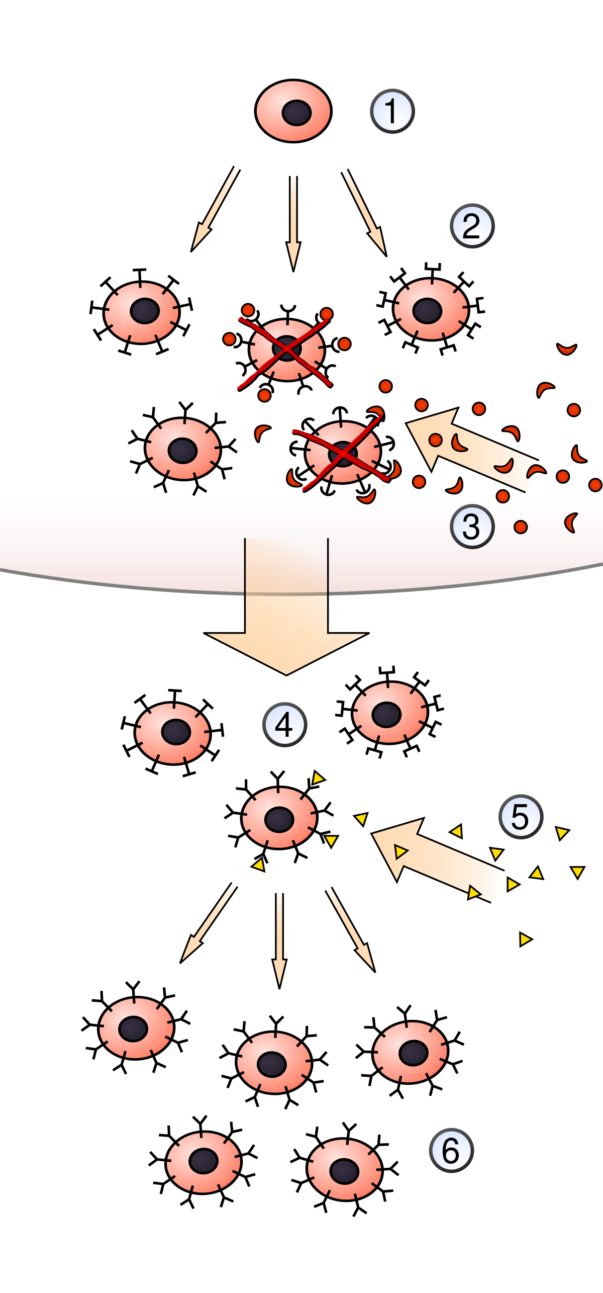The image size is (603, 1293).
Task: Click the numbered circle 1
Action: click(x=392, y=111)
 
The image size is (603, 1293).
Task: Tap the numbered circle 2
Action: click(x=472, y=226)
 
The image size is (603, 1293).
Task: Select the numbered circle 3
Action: click(x=472, y=527)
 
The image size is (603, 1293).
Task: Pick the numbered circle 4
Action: click(x=284, y=725)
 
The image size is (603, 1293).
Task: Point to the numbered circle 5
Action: click(x=521, y=816)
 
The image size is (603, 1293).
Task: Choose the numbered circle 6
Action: click(x=451, y=1150)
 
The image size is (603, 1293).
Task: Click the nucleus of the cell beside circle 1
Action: click(x=296, y=112)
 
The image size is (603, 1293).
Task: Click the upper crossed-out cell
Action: click(x=286, y=350)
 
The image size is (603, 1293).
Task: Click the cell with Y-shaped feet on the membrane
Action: click(x=183, y=449)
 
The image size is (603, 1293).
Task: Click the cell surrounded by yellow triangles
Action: click(x=279, y=818)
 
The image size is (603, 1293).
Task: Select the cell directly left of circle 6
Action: click(x=345, y=1169)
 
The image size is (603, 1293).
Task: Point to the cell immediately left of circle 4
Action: click(x=172, y=733)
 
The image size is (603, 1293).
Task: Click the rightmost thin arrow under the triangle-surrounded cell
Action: click(x=350, y=928)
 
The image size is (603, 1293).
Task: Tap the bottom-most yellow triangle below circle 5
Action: click(x=525, y=939)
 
